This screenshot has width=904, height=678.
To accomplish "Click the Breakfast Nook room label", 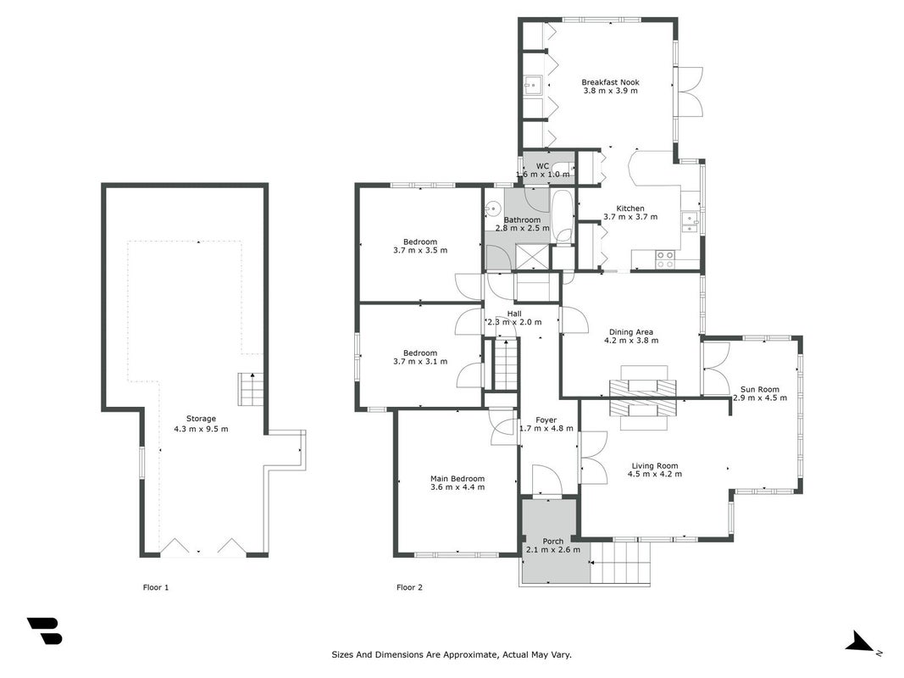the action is tap(610, 82).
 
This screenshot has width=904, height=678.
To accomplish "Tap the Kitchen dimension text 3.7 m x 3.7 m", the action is tap(630, 217).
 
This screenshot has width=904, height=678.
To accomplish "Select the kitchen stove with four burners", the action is tap(665, 258).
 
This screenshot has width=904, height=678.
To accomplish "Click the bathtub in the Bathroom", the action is tap(562, 217).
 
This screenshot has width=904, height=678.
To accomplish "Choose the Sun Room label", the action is tap(760, 389).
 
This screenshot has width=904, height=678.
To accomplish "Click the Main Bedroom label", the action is tap(458, 479).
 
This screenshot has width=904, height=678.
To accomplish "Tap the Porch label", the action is tap(553, 542).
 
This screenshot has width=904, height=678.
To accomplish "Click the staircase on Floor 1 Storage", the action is tap(252, 389).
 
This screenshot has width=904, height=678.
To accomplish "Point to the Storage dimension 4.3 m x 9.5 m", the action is tap(201, 429).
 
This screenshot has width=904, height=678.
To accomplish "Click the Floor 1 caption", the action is tap(156, 587).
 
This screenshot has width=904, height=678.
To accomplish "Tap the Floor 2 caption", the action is tap(409, 587).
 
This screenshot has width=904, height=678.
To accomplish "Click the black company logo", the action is tap(44, 631).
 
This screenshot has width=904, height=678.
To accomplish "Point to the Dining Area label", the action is tap(630, 332).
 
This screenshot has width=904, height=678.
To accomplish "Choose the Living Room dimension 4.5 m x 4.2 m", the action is tap(654, 475).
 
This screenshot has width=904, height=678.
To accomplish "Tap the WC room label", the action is tap(542, 166).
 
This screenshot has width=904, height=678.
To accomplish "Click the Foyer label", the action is tap(546, 420).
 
